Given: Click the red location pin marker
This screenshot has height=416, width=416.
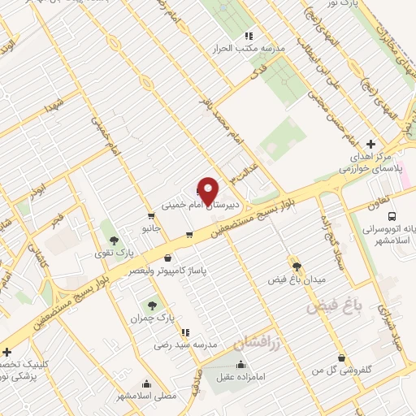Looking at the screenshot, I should [208, 190].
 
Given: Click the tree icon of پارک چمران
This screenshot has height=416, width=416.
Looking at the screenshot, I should [152, 305].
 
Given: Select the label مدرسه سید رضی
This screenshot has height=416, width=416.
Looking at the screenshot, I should [187, 344].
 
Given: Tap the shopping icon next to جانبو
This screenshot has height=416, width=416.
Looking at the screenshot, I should [151, 216].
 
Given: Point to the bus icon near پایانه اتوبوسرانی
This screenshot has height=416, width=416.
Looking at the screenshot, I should [392, 217].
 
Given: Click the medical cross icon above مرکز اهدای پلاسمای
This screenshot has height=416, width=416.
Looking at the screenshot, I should [371, 143].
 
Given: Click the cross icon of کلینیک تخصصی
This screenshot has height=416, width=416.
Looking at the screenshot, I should [6, 352].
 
